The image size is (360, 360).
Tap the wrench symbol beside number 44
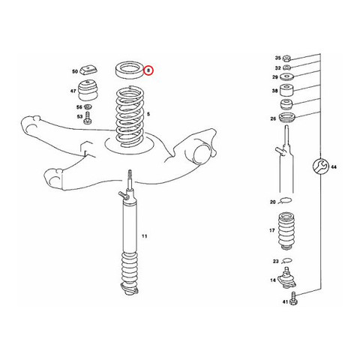click(x=320, y=166)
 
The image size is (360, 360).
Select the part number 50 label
click(x=75, y=71)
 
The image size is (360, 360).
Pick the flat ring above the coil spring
click(x=130, y=70)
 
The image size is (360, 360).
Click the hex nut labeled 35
click(x=286, y=58)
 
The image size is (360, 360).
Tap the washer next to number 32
click(x=286, y=67)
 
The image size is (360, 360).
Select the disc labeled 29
click(x=286, y=76)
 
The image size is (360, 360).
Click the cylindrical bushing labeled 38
click(x=286, y=91)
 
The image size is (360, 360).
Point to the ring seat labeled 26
click(x=287, y=118)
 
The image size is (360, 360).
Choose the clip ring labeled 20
click(x=285, y=200)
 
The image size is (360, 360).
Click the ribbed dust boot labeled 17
click(x=286, y=231)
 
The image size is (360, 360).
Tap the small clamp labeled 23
click(x=286, y=261)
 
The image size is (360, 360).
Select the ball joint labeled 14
click(x=287, y=277)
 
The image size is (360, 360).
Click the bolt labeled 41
click(x=292, y=298)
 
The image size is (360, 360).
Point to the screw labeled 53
click(x=88, y=118)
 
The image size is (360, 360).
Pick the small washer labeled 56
click(x=88, y=107)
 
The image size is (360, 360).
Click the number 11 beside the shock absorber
click(x=145, y=236)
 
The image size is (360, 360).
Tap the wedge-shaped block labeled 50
click(x=88, y=69)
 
